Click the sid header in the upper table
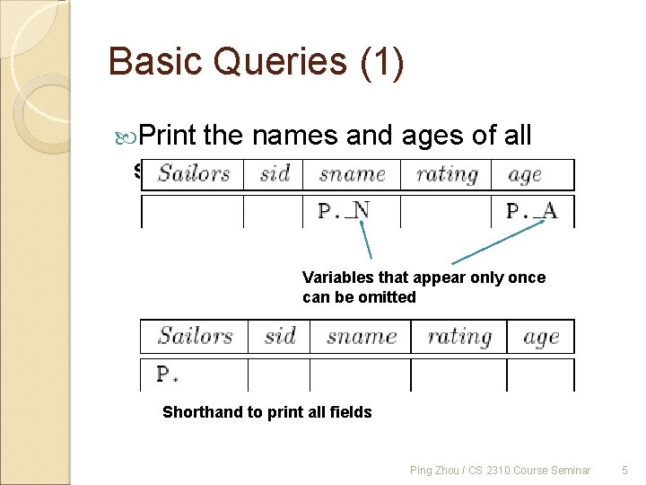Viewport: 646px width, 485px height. pos(274,173)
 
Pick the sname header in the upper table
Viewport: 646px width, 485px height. pos(352,173)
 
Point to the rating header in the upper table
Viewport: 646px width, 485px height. pos(446,173)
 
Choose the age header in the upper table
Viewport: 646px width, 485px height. pos(524,173)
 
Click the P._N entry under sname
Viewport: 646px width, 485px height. pos(344,211)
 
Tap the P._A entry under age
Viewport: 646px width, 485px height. pos(531,211)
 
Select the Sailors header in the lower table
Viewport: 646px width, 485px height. pos(195,336)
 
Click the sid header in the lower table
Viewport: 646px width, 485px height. pos(279,336)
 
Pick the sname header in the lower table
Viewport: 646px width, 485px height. pos(361,336)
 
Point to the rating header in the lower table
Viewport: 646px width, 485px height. pos(458,336)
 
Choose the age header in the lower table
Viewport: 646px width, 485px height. pos(541,336)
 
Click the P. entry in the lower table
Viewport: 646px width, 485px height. pos(167,374)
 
